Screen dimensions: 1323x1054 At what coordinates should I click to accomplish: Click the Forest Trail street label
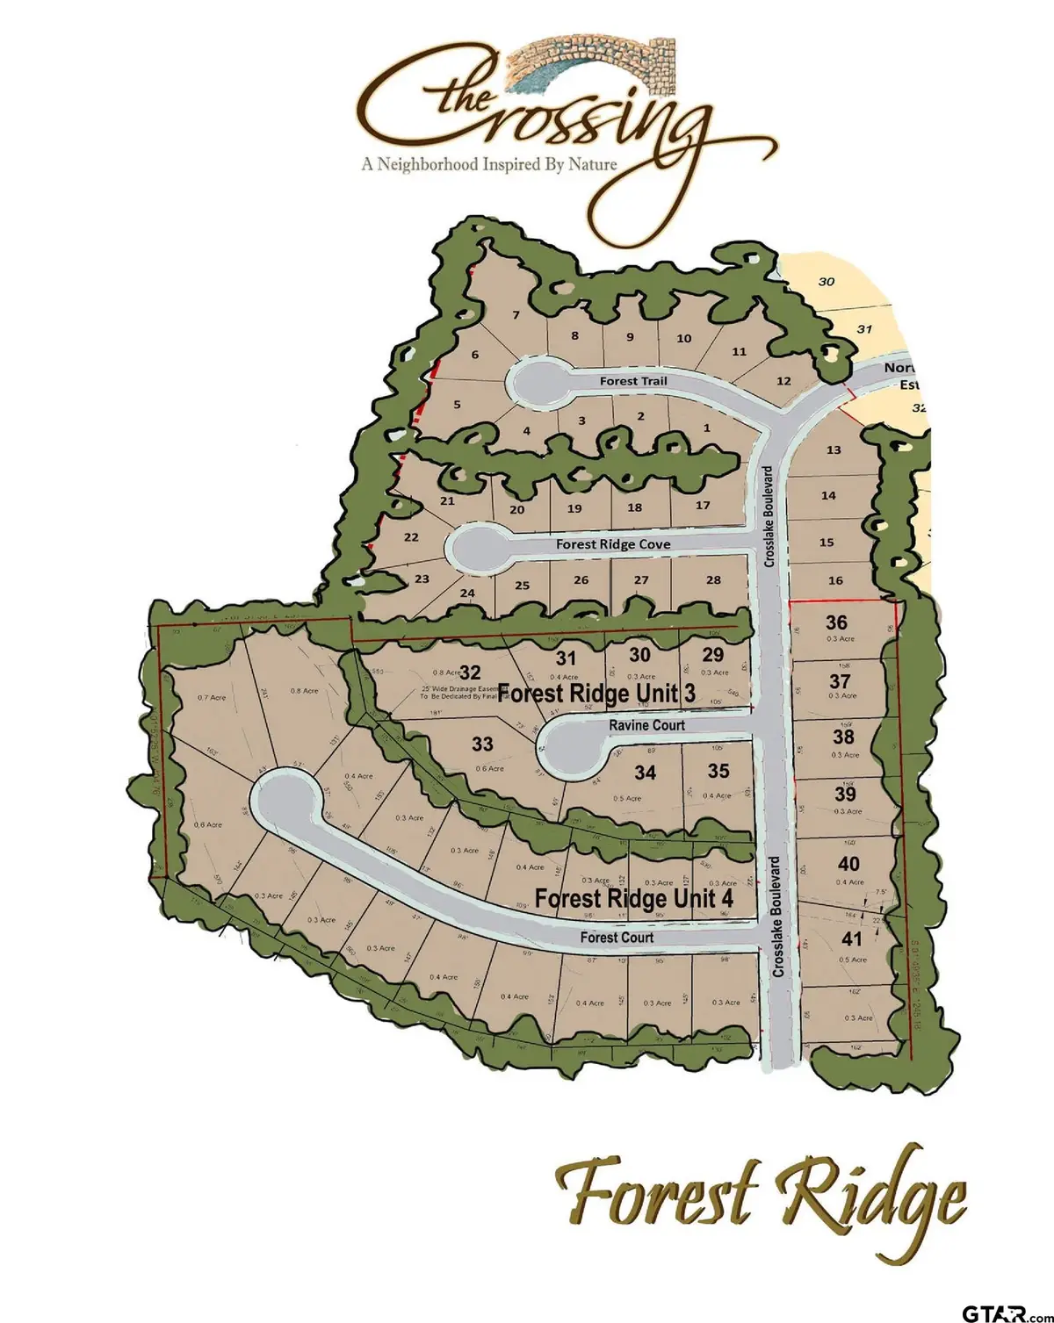pos(632,381)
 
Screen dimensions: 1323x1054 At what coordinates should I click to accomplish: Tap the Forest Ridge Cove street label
pos(612,544)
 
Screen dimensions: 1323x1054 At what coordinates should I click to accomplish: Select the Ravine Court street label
pos(646,725)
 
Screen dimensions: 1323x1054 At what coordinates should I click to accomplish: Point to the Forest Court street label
pos(617,938)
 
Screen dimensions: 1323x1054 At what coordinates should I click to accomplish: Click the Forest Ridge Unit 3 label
pos(596,694)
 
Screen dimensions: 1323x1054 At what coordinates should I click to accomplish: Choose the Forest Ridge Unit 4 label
pos(633,899)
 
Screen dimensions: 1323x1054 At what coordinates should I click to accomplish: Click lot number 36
pos(836,622)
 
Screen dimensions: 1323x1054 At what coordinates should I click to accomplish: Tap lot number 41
pos(851,938)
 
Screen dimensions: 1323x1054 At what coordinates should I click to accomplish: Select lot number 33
pos(482,744)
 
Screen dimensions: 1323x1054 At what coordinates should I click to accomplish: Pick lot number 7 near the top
pos(516,315)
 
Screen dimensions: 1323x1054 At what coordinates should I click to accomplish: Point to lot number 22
pos(411,537)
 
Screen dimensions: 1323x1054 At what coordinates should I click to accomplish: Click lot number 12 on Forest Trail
pos(783,381)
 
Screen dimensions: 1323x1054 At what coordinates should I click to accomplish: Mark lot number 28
pos(713,579)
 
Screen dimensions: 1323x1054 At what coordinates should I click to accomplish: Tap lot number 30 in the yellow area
pos(826,282)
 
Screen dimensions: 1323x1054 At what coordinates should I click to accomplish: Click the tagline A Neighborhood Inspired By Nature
pos(489,164)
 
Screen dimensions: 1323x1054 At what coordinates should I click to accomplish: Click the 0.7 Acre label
pos(212,698)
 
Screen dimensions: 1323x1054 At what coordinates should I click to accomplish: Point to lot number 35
pos(718,771)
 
